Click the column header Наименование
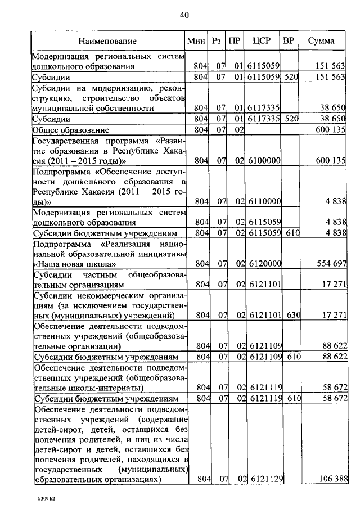[107, 41]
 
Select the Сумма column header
[321, 41]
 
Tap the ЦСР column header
[263, 41]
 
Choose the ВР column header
[289, 41]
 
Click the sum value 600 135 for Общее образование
[330, 130]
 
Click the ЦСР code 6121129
[264, 479]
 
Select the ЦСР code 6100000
[264, 161]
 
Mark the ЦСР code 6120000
[264, 263]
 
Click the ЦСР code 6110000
[264, 201]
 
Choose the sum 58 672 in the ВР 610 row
[332, 398]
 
